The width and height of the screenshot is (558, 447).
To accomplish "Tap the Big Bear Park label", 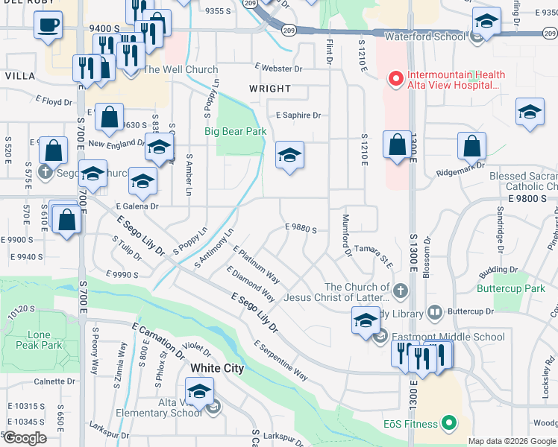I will [236, 132].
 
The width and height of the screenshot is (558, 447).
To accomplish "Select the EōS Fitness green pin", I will [448, 424].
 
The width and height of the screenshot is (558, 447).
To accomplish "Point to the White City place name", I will [217, 368].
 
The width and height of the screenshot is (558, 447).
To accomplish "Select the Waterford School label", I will [424, 36].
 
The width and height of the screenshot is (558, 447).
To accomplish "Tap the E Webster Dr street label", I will [278, 69].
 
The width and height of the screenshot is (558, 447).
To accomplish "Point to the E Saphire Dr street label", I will [298, 115].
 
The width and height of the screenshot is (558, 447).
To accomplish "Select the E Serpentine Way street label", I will [280, 361].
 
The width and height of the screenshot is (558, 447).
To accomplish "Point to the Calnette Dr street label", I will [54, 381].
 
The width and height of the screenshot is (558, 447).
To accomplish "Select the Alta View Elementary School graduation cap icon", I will [200, 390].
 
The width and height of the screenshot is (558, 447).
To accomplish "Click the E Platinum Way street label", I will [257, 264].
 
